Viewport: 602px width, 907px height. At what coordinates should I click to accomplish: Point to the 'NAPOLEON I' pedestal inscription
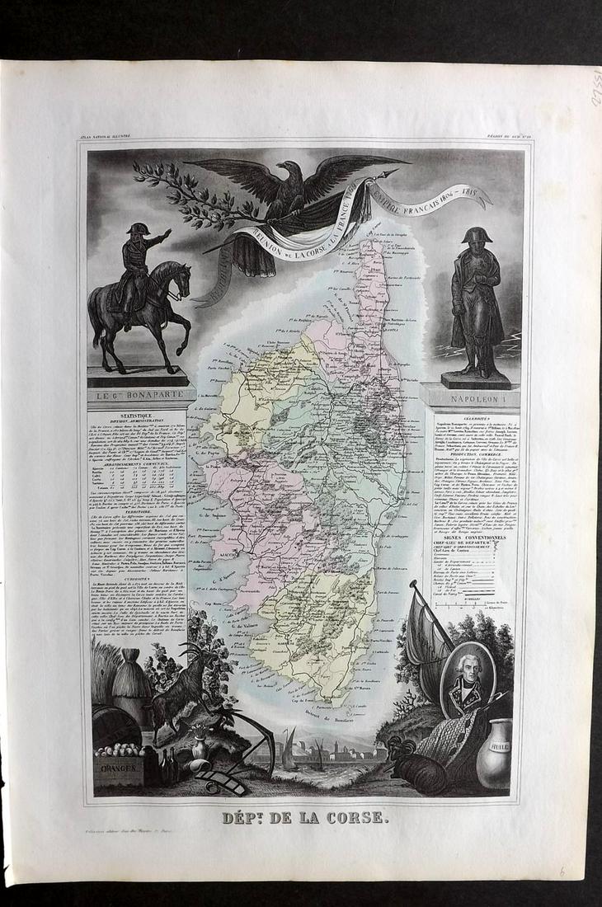click(475, 397)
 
